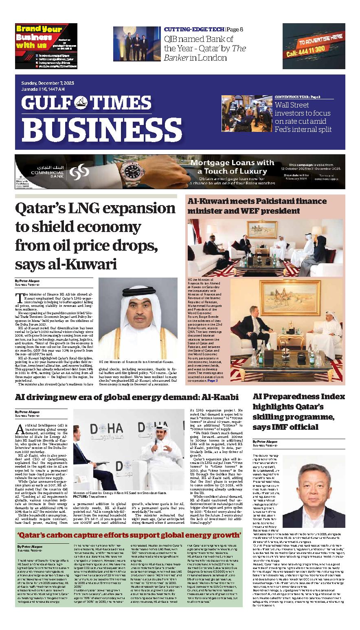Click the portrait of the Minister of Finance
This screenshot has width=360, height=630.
138,317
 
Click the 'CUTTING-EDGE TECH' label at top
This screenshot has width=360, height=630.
194,30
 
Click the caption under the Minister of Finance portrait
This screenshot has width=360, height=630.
136,361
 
